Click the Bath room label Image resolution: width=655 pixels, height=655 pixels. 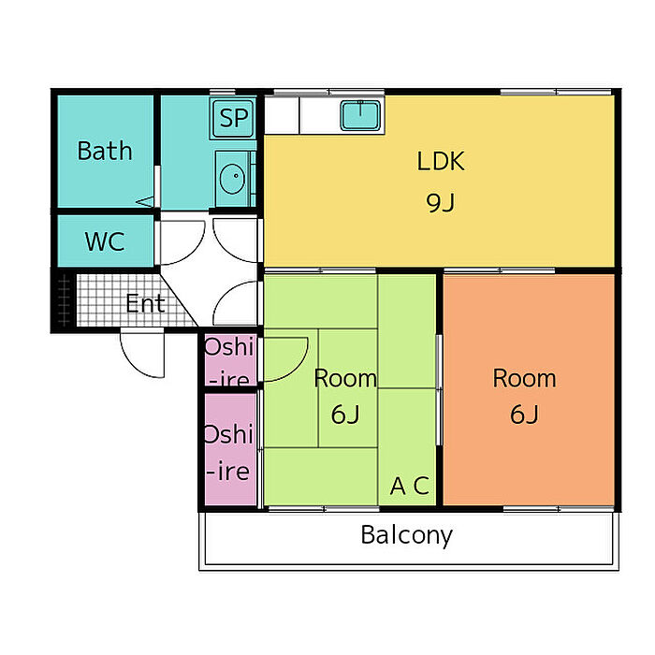[x=104, y=151]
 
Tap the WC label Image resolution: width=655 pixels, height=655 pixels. [x=104, y=241]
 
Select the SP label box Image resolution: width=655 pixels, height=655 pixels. [x=233, y=119]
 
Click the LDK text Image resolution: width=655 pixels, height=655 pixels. [x=440, y=161]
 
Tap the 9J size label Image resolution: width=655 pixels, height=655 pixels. [x=440, y=202]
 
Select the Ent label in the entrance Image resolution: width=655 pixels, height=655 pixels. [x=145, y=303]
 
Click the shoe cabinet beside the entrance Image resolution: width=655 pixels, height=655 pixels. [x=63, y=300]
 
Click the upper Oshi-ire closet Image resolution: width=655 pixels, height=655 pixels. [x=229, y=361]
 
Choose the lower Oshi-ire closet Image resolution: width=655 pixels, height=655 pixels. [x=229, y=451]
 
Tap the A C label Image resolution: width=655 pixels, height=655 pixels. [x=409, y=487]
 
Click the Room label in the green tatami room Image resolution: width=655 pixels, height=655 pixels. [x=344, y=379]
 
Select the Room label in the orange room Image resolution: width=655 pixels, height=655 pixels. [x=524, y=379]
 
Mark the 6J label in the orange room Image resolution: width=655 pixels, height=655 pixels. [x=524, y=414]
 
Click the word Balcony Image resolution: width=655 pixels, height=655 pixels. [x=406, y=535]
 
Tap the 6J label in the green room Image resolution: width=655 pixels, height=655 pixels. [x=344, y=414]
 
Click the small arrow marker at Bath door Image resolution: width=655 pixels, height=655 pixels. [x=144, y=201]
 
